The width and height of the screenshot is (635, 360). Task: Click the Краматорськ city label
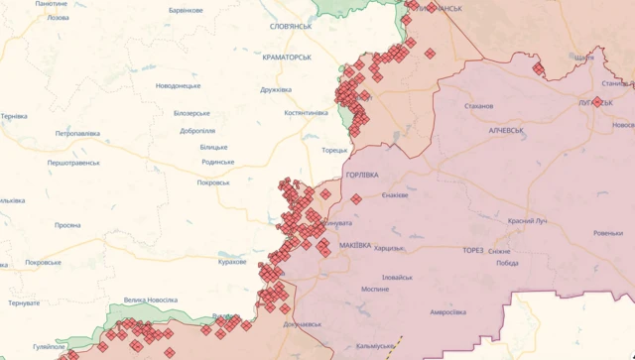point(287,58)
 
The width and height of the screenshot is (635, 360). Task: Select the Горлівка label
point(361,175)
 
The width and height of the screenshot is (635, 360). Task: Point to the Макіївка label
point(355,245)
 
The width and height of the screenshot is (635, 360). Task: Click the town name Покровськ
point(213,182)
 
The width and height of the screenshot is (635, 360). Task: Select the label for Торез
point(472,251)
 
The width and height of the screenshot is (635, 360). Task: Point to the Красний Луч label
point(527,221)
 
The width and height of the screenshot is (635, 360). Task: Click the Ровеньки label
point(608,233)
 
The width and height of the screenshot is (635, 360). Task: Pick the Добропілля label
point(198,131)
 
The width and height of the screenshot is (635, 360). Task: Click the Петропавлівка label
point(77,133)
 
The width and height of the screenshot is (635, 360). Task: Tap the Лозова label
point(59,18)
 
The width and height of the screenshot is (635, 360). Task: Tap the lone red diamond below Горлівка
point(356,199)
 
